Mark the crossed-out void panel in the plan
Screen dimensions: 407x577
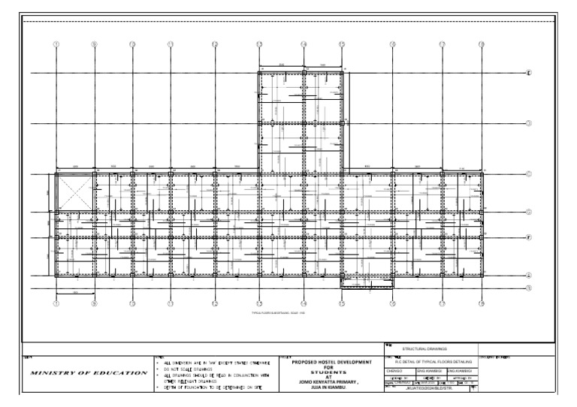coord(76,191)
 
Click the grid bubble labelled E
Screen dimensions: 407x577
coord(528,73)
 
